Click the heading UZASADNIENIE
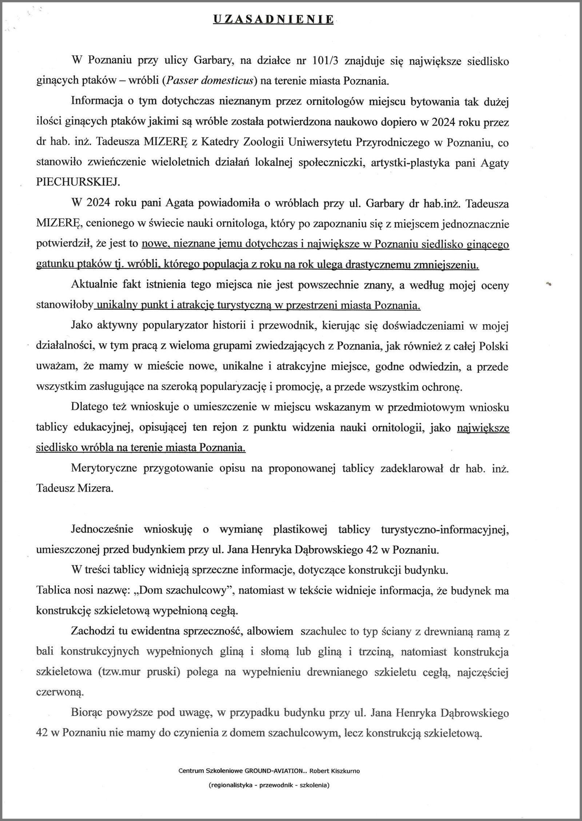273,20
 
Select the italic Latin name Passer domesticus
210,81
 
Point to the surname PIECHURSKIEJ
78,183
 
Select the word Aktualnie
98,286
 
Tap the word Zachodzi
92,631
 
